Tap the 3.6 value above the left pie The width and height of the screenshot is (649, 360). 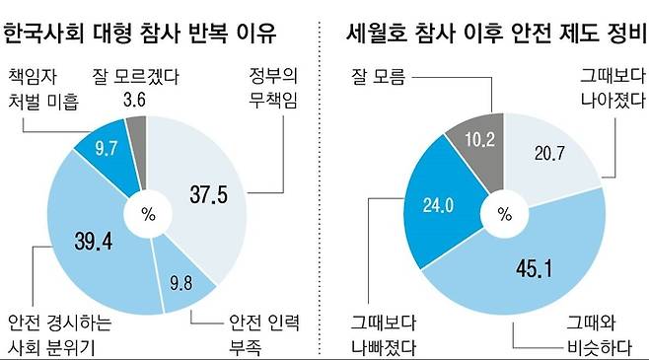click(x=133, y=101)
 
